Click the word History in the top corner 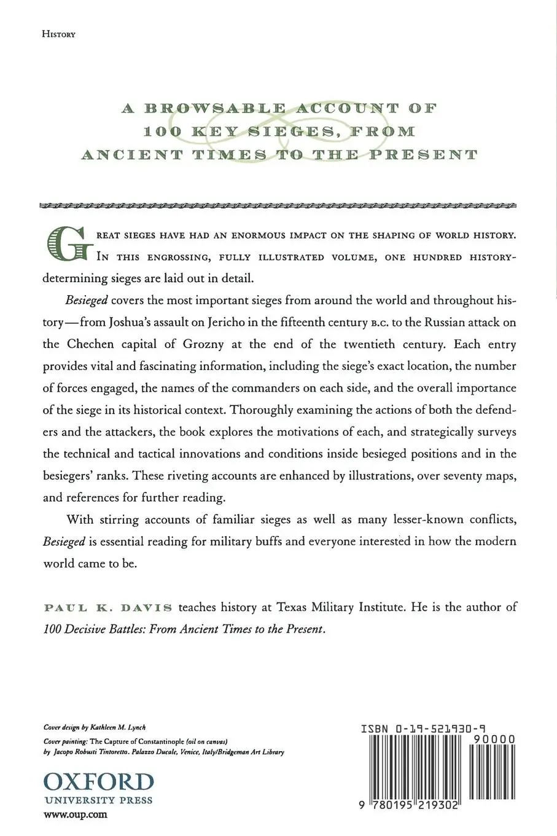click(58, 34)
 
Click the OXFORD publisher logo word click(98, 783)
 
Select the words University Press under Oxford click(98, 800)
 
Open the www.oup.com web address click(76, 815)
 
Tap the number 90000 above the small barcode click(494, 739)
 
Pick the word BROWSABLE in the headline click(214, 109)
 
